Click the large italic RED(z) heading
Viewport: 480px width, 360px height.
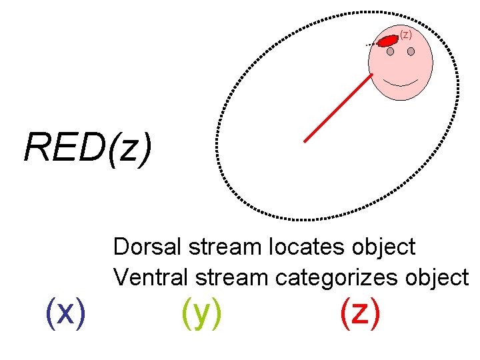point(87,147)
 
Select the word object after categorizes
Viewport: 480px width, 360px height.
point(436,276)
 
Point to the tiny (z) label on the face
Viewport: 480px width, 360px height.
point(406,34)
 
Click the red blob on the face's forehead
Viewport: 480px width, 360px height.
point(387,41)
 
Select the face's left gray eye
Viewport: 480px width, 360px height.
point(388,52)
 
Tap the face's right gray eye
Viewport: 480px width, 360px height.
point(411,51)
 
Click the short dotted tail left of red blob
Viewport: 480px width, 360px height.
point(371,44)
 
